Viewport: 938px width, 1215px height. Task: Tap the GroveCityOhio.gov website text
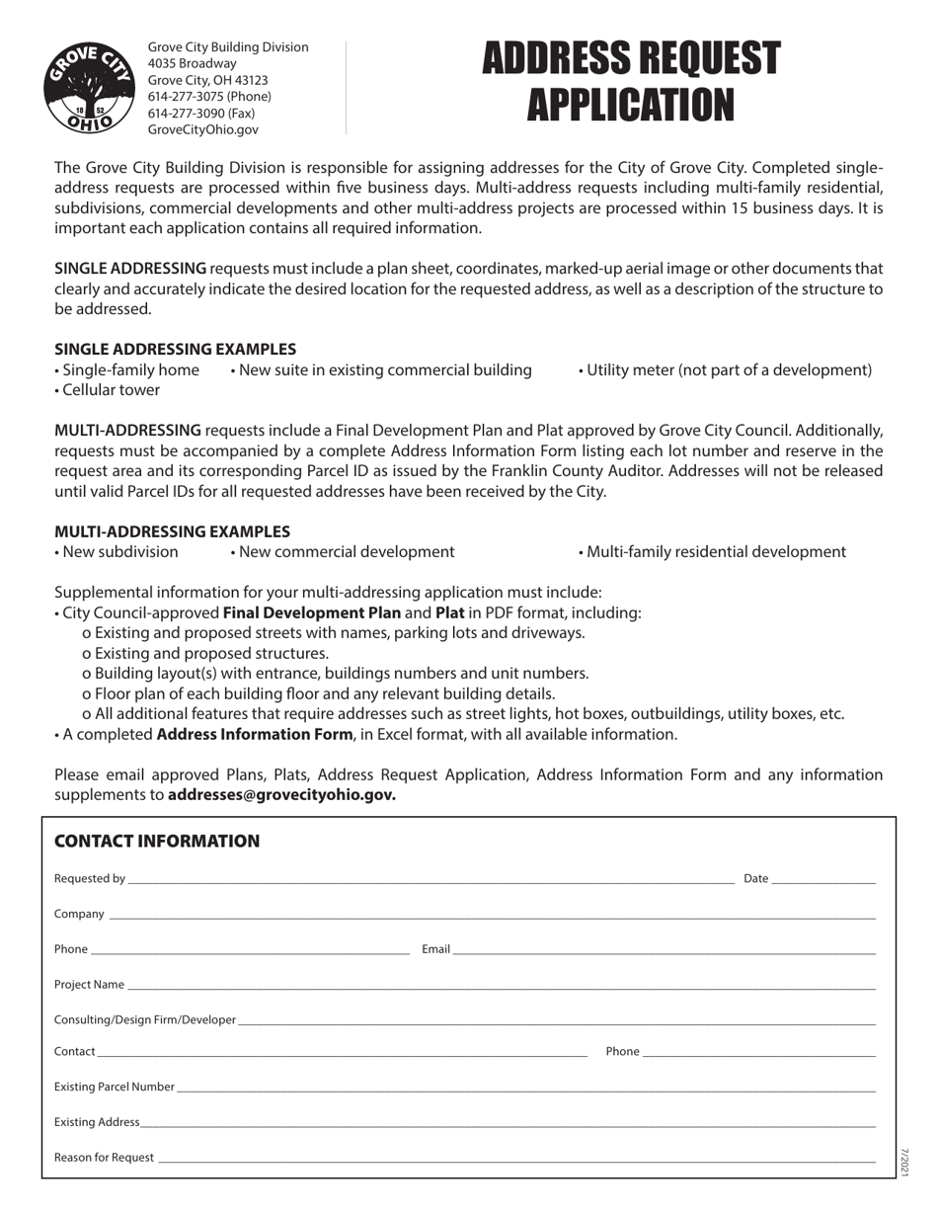point(202,129)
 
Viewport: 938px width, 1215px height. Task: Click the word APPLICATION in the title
point(630,105)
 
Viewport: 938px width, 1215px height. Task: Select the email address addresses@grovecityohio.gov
point(281,795)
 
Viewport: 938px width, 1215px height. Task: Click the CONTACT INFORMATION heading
point(157,842)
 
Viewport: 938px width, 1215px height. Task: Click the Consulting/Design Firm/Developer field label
point(145,1019)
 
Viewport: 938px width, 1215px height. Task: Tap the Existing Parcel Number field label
point(115,1087)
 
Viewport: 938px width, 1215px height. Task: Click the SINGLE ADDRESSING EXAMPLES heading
point(175,349)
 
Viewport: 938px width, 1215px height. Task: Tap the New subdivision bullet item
point(117,551)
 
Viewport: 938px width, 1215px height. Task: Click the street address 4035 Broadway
point(192,63)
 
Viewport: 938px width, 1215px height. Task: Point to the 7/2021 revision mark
point(903,1162)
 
